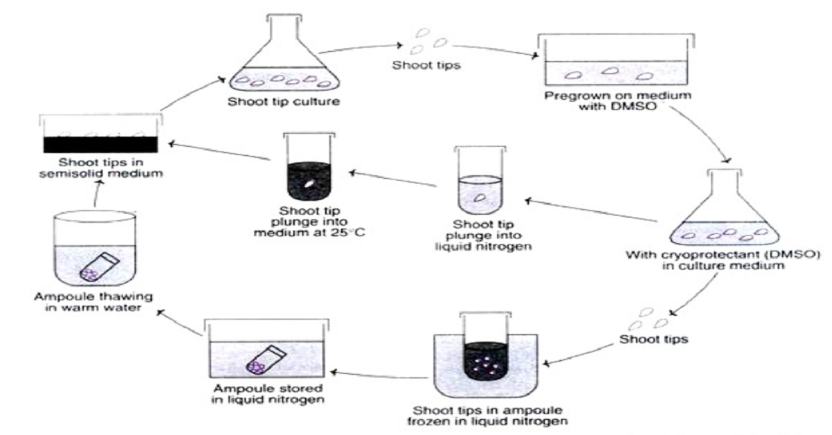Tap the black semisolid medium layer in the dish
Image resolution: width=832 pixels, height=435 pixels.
click(x=103, y=143)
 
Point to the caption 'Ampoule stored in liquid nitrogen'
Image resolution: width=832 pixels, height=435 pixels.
click(x=265, y=393)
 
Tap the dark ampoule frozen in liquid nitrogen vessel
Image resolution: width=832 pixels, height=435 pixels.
click(x=485, y=352)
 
